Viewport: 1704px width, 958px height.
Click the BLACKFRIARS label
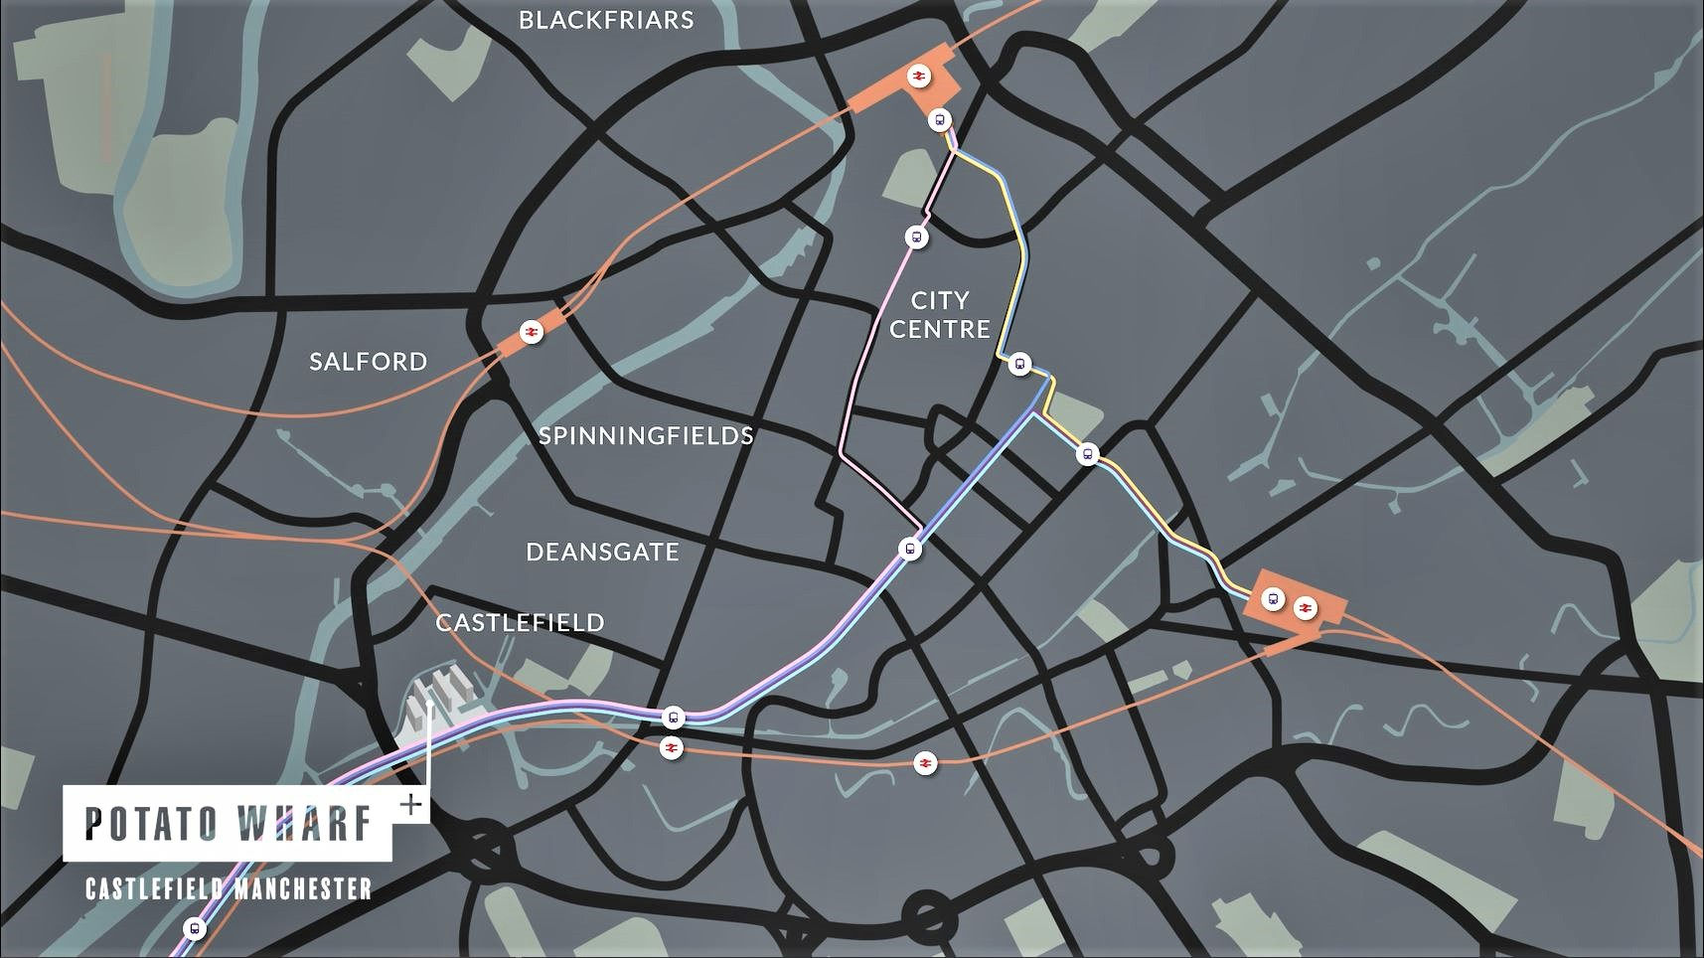606,20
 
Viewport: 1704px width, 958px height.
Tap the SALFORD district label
368,361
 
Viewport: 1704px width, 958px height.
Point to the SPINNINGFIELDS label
646,435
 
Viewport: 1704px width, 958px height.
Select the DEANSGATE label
602,552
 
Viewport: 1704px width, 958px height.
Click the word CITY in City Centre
939,300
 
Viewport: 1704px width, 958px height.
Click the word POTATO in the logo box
151,824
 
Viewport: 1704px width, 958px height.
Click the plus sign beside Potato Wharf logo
409,804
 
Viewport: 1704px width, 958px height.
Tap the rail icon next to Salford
532,331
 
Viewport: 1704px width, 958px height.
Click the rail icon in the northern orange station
919,76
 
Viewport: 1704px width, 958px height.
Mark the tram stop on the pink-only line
916,238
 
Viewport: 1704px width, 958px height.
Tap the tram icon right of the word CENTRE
1019,364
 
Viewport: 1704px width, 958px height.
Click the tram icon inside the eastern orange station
1273,599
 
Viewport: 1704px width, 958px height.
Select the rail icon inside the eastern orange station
1305,606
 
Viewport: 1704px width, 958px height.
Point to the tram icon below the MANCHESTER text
194,929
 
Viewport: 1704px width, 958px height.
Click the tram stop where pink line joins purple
909,549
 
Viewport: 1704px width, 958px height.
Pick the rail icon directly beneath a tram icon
672,747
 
